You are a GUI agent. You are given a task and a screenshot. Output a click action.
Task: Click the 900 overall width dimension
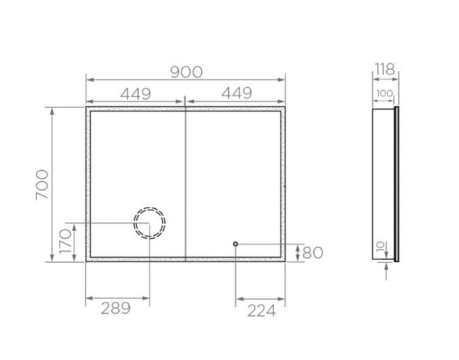point(186,72)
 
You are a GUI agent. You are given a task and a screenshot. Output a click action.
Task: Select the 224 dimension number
point(260,308)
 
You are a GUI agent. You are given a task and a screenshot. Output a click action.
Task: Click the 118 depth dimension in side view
point(384,72)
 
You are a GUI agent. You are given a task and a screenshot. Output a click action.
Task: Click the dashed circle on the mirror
point(148,223)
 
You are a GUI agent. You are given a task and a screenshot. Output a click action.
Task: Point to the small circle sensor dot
point(236,244)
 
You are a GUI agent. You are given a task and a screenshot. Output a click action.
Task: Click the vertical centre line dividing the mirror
point(186,183)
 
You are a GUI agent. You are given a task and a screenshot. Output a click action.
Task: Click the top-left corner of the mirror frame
point(86,109)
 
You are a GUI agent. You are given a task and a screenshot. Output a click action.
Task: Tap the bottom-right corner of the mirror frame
point(285,261)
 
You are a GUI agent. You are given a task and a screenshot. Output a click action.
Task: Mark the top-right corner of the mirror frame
point(285,109)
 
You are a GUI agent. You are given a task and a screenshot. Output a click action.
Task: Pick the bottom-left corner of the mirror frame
point(86,261)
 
